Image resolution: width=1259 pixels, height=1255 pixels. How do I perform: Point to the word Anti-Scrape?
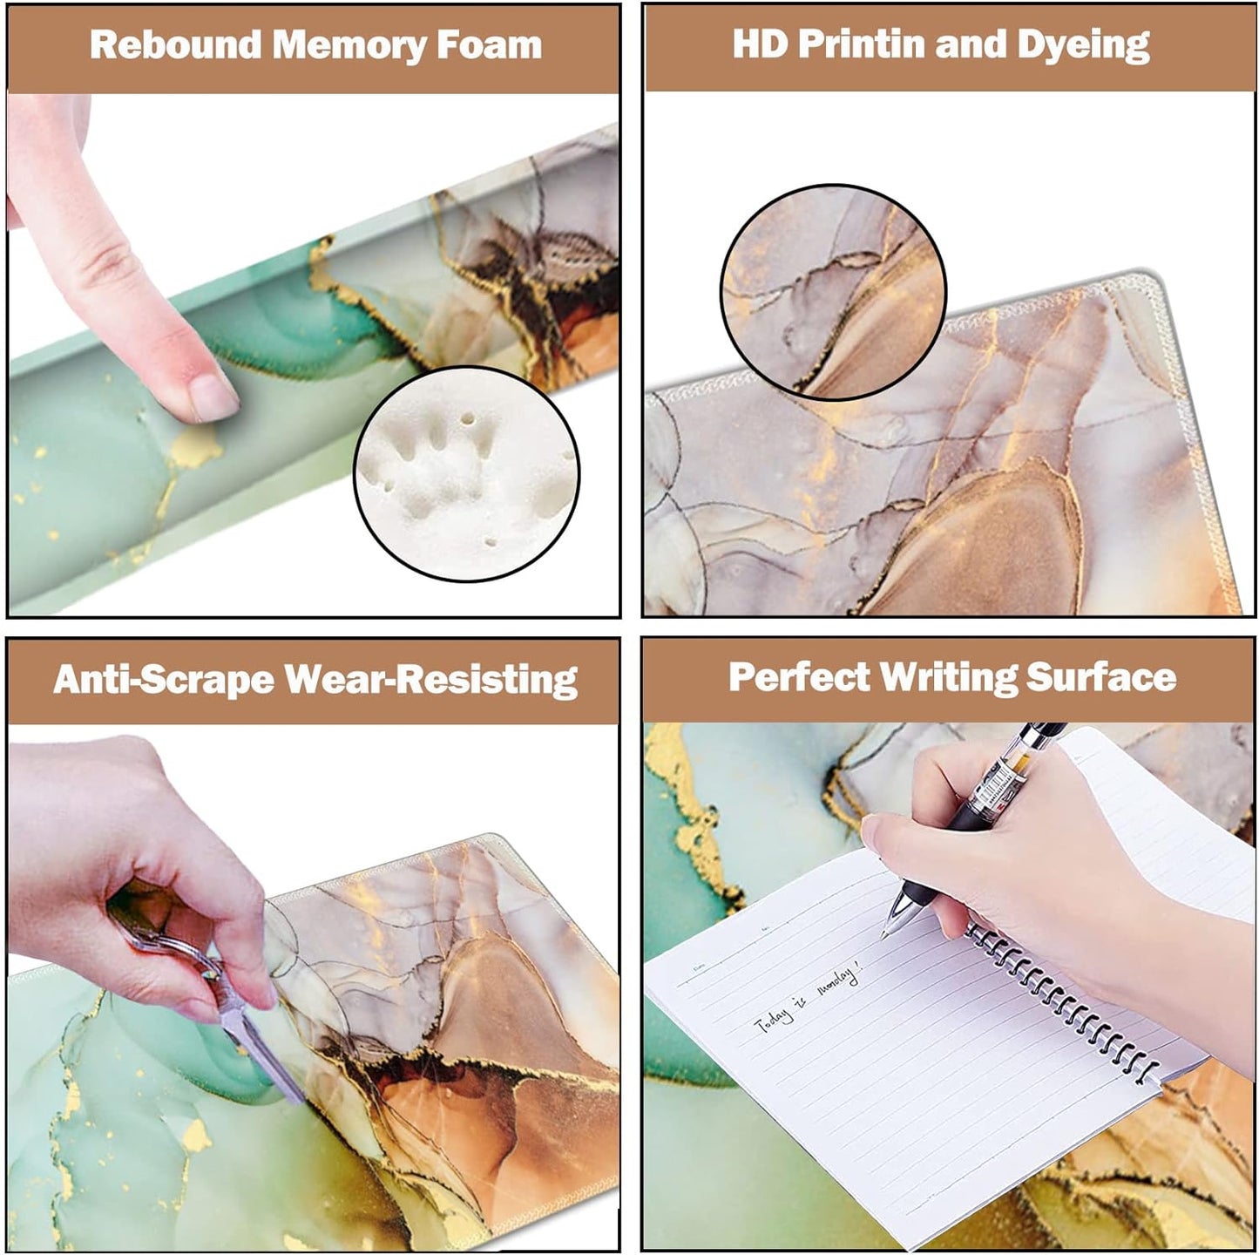coord(164,680)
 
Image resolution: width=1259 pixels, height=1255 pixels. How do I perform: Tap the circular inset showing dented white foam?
coord(466,473)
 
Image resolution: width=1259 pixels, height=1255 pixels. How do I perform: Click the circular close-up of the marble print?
coord(833,292)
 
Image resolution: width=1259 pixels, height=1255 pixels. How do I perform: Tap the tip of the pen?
coord(885,934)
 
